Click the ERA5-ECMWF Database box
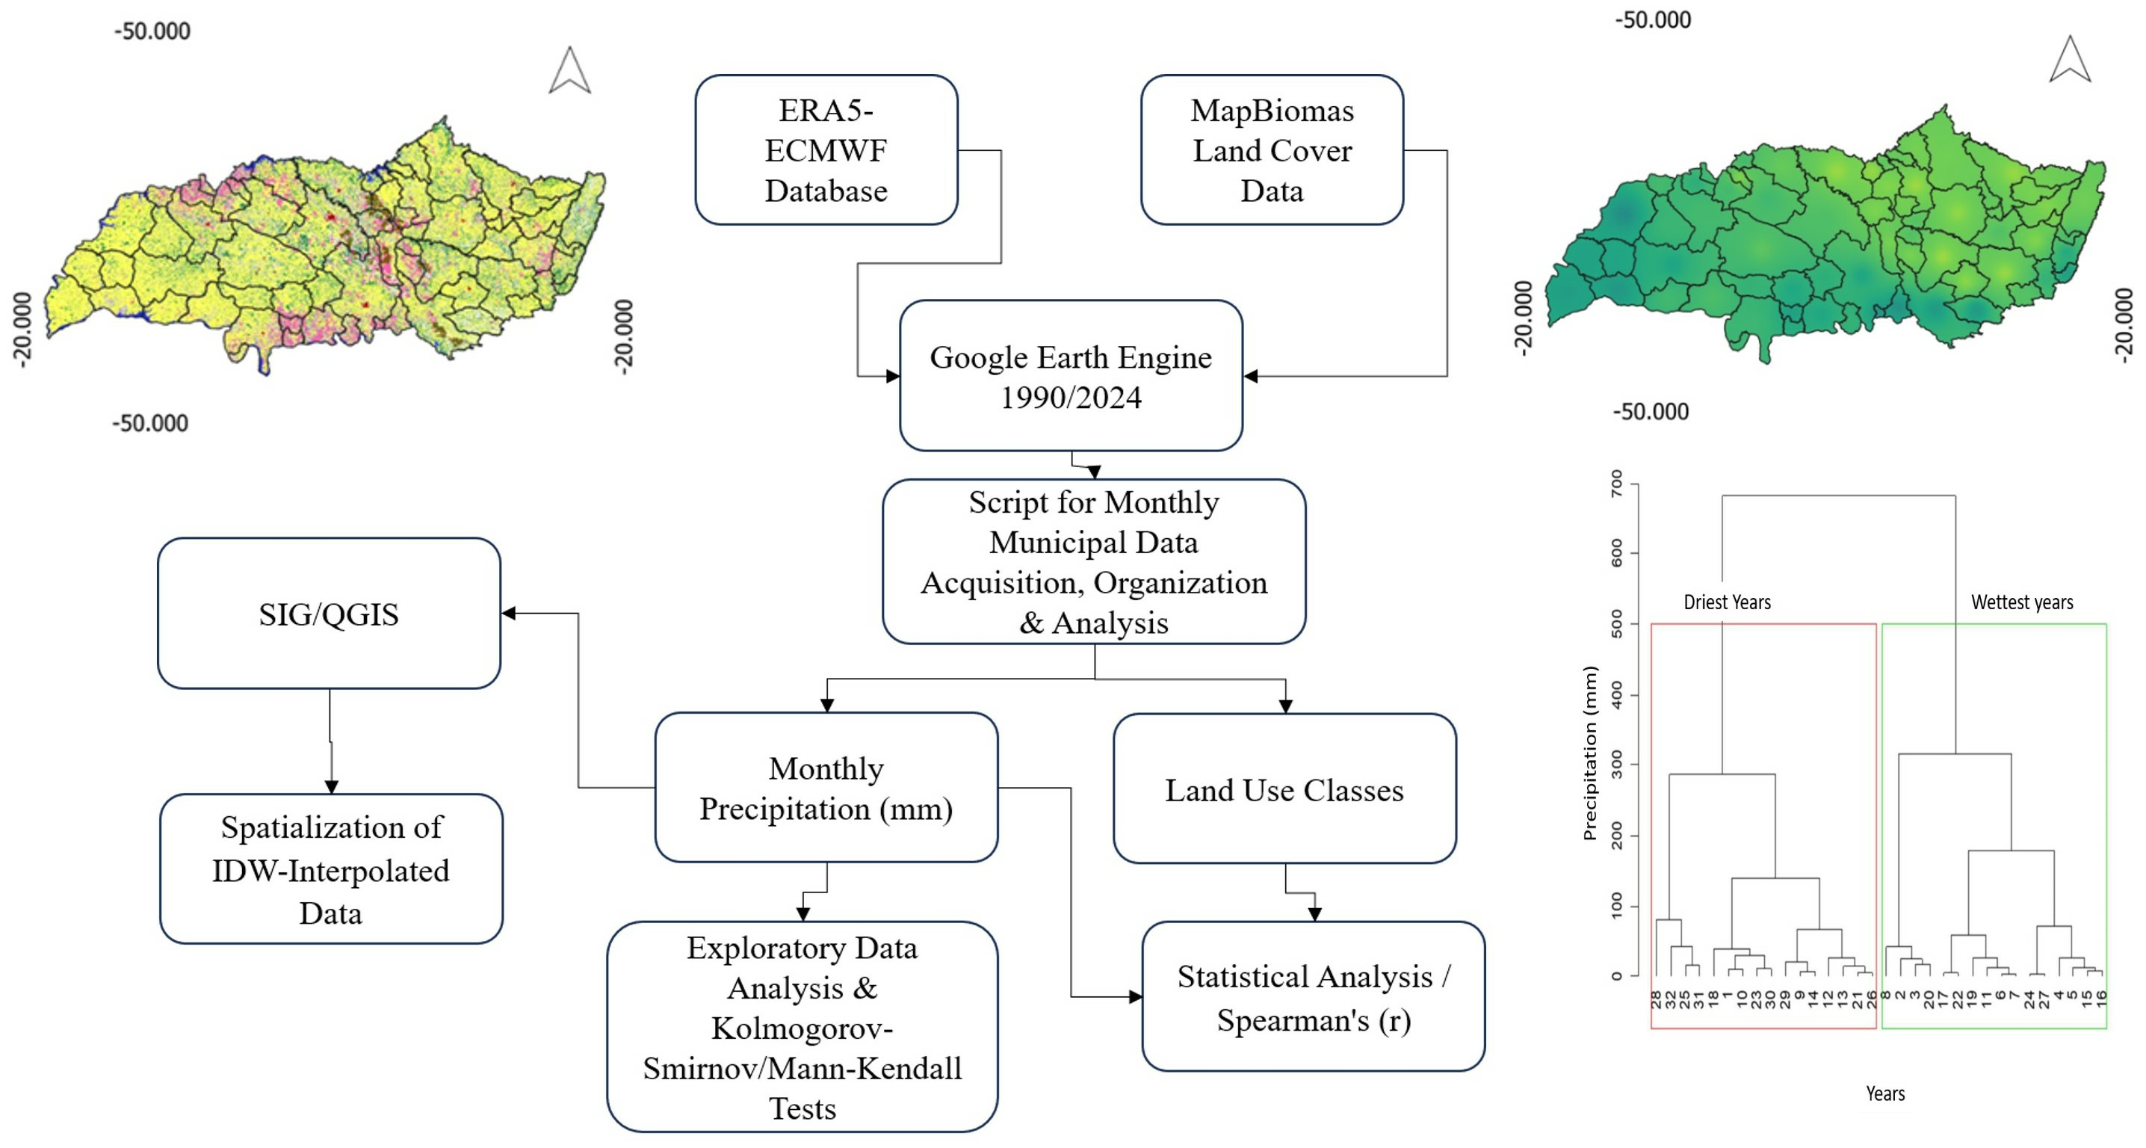coord(826,150)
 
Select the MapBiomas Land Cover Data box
coord(1271,150)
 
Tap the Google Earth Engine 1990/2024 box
coord(1071,376)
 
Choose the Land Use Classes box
coord(1284,789)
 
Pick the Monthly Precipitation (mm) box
coord(826,787)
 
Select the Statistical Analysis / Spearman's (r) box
coord(1313,996)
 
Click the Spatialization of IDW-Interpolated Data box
coord(331,869)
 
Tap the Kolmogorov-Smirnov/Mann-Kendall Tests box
coord(802,1026)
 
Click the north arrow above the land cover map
coord(570,71)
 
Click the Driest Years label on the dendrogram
coord(1727,602)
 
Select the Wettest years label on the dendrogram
coord(2022,602)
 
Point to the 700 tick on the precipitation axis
coord(1617,484)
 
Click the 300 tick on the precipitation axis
coord(1617,763)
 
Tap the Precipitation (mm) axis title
coord(1590,753)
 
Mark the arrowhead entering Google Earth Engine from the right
coord(1250,376)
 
